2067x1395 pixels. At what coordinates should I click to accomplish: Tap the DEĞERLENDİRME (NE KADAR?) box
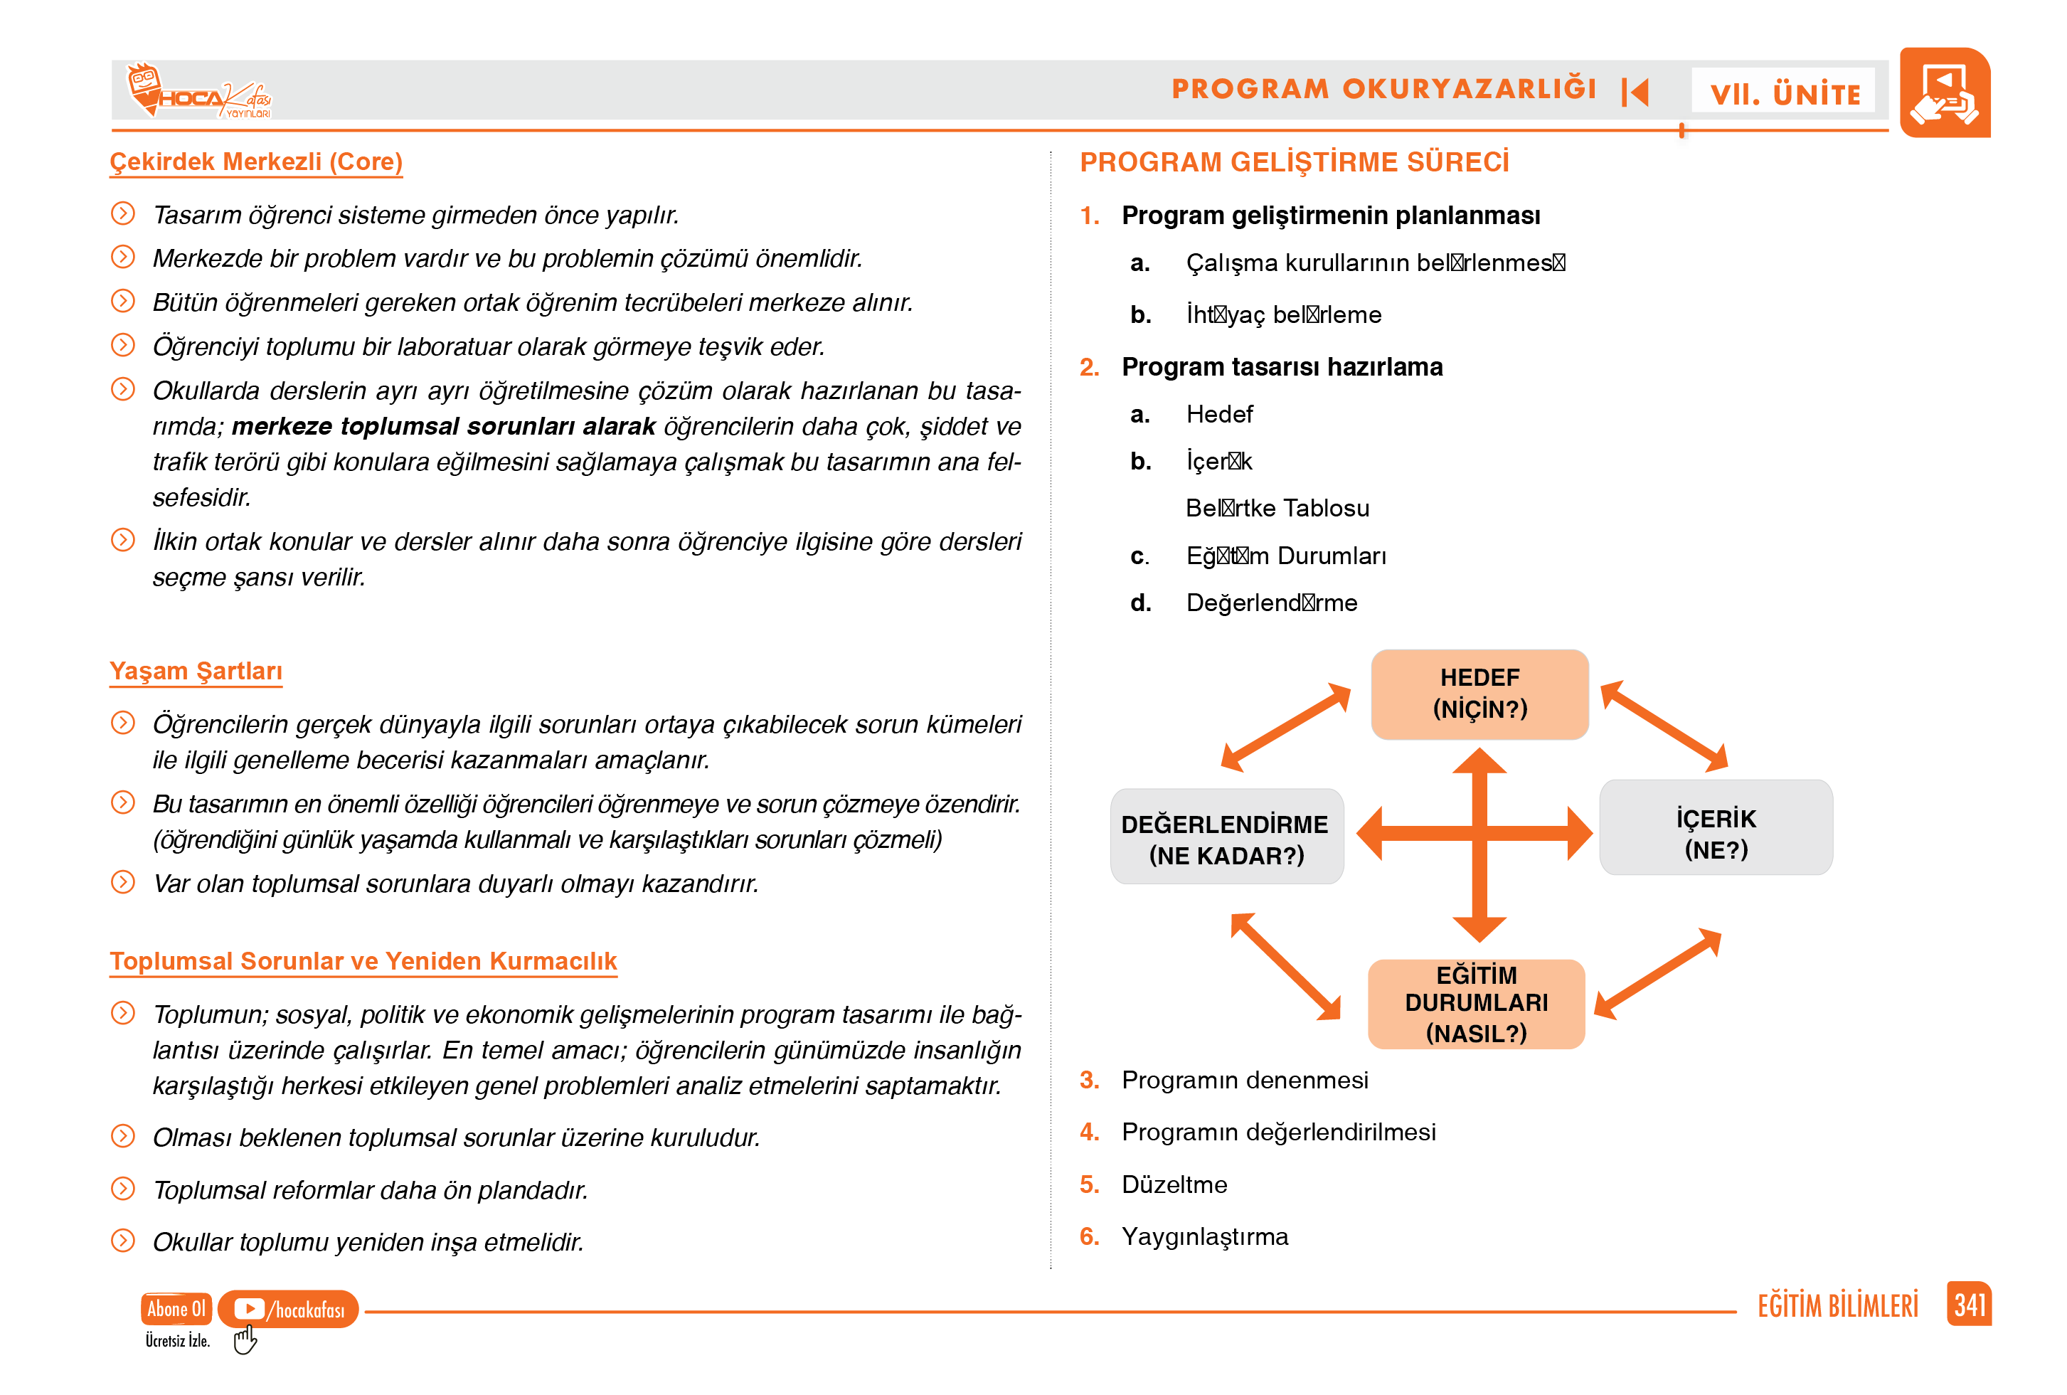(1226, 837)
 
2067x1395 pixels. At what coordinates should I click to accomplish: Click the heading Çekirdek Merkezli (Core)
(256, 162)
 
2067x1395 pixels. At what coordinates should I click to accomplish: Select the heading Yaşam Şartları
(196, 671)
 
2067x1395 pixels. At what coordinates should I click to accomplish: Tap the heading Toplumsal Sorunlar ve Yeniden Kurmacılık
(363, 961)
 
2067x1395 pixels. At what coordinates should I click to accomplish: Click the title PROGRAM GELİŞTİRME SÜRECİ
(1294, 162)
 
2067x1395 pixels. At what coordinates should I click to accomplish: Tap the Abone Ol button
(176, 1309)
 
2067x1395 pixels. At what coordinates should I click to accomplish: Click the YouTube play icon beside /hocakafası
(248, 1309)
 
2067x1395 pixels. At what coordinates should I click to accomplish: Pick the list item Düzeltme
(1174, 1184)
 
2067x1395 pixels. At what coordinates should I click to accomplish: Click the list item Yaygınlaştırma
(1204, 1236)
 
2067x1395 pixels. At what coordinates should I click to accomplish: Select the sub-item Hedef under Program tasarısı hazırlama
(1219, 414)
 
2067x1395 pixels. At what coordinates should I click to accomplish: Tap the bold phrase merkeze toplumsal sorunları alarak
(443, 426)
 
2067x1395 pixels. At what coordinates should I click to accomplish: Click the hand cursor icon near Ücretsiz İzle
(245, 1340)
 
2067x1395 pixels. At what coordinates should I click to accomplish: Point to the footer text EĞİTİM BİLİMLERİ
(1837, 1306)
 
